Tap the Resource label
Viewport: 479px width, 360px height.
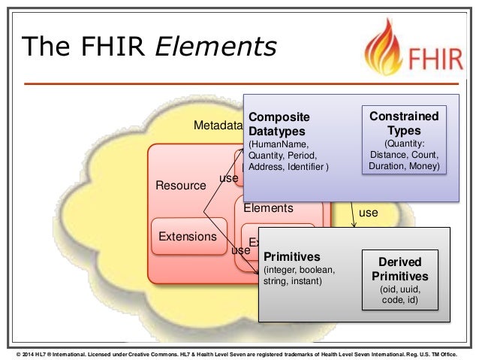pyautogui.click(x=180, y=184)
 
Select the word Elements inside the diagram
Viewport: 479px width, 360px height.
pyautogui.click(x=268, y=208)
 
